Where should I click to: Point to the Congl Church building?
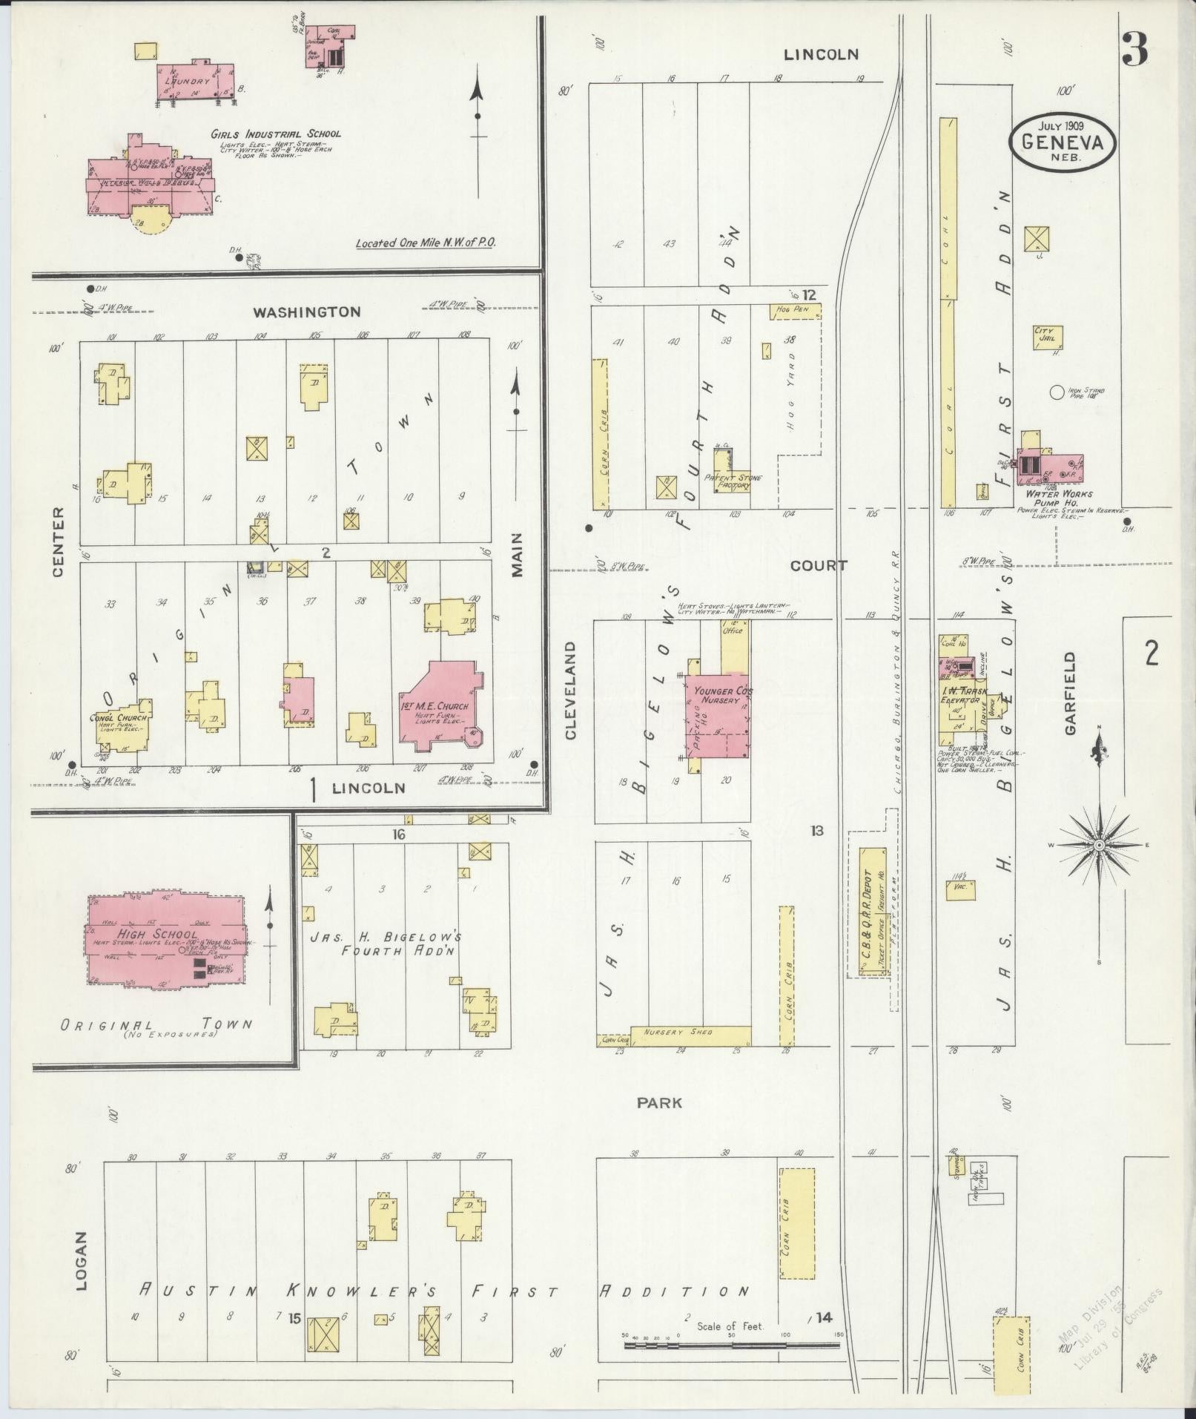pos(124,726)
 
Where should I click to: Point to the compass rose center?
pos(1100,846)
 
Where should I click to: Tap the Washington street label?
pos(306,312)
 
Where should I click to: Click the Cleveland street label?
pos(570,691)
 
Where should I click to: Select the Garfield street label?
pos(1069,694)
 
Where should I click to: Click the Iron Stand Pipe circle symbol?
pos(1057,392)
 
